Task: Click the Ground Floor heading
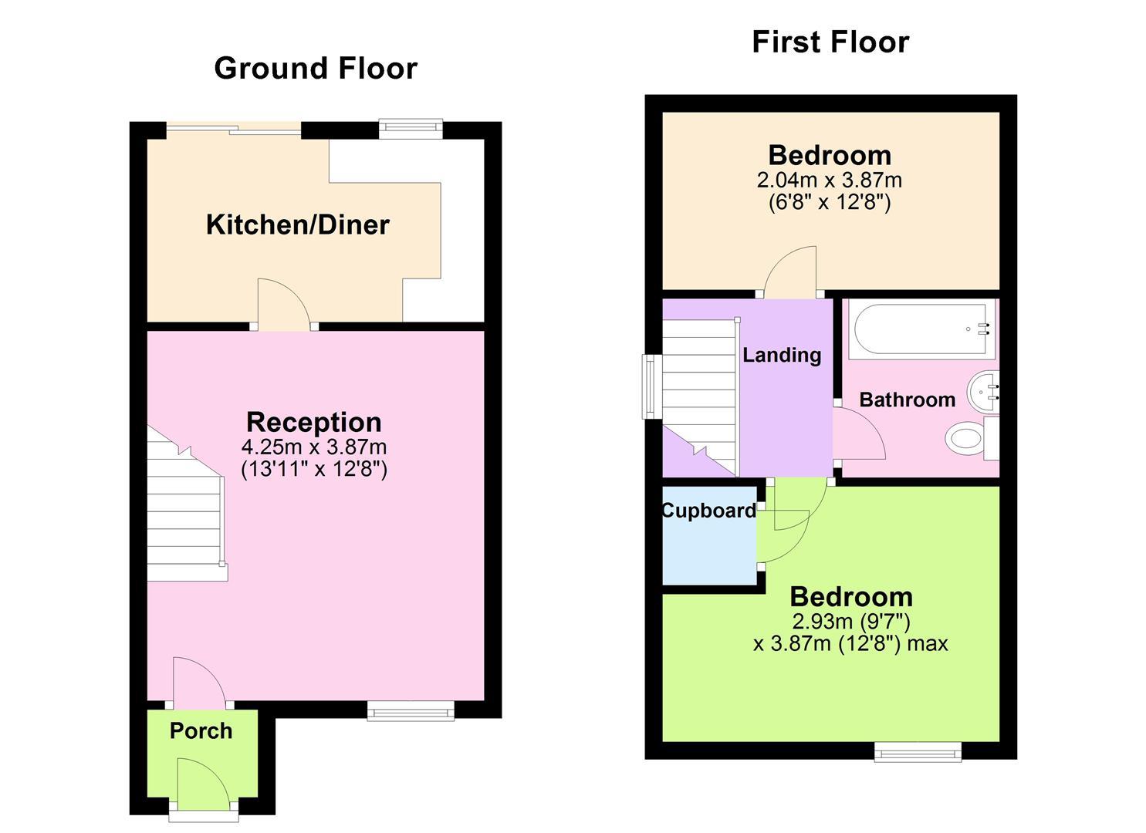[315, 69]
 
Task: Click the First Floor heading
[830, 42]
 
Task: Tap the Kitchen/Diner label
[297, 225]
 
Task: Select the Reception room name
[313, 423]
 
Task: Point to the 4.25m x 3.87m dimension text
[313, 447]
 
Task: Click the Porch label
[201, 731]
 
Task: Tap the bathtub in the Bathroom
[918, 330]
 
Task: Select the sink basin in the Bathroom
[983, 392]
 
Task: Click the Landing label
[781, 356]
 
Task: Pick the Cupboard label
[708, 511]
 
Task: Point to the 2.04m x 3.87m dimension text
[829, 180]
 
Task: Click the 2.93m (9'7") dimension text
[850, 622]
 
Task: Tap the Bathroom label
[907, 400]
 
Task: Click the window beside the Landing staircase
[648, 386]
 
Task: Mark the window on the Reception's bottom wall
[411, 711]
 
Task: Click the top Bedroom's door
[790, 273]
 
